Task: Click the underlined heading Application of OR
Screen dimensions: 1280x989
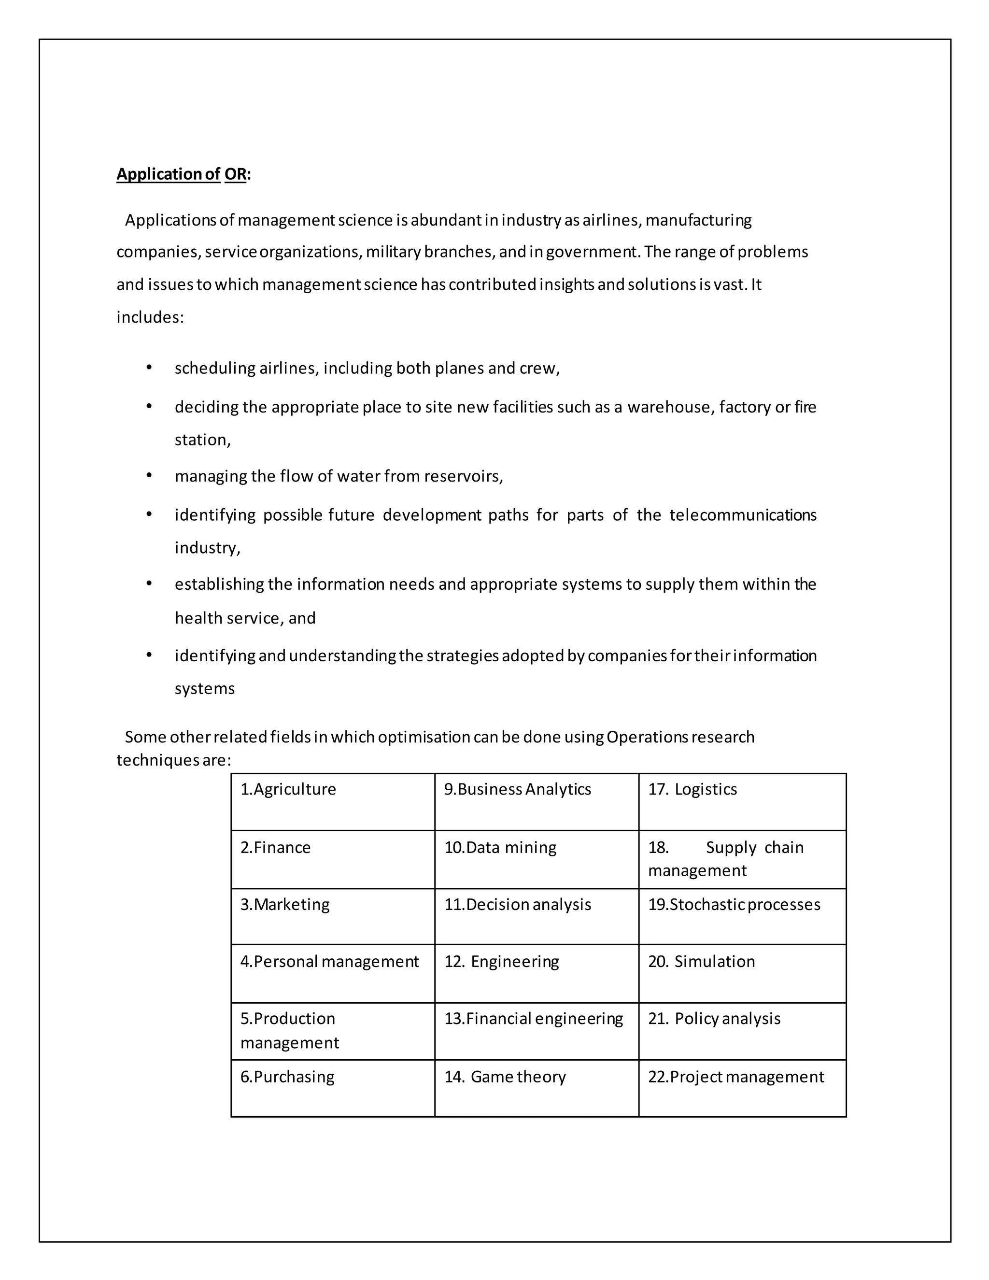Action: (x=184, y=174)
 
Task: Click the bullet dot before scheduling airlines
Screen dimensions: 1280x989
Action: (x=149, y=368)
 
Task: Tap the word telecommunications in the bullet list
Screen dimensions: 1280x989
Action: (x=743, y=515)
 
